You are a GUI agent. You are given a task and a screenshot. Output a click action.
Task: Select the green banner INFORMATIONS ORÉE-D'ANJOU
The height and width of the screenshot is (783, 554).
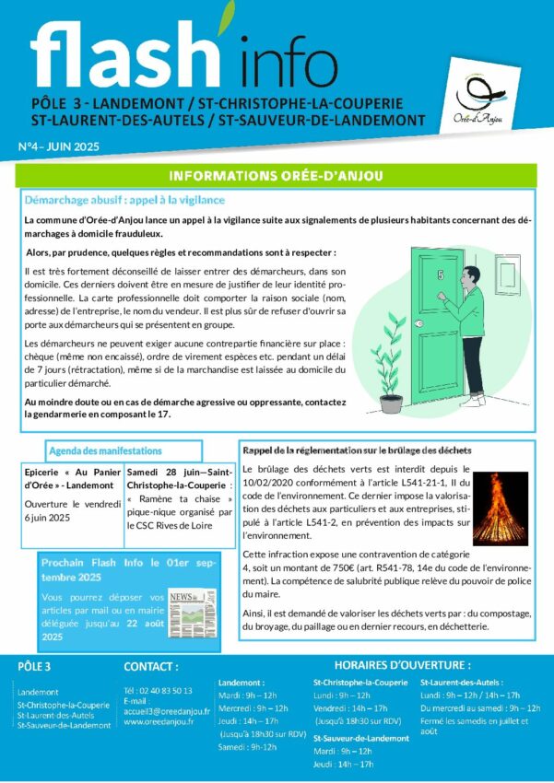[277, 176]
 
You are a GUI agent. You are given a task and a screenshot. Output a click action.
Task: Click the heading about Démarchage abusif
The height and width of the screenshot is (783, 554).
[125, 200]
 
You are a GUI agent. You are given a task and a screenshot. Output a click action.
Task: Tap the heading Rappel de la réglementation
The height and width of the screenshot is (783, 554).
[357, 450]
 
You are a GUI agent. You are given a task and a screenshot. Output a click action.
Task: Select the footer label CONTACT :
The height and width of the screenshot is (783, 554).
[151, 666]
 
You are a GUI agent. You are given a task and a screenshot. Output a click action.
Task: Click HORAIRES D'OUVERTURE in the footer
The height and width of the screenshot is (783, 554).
[402, 665]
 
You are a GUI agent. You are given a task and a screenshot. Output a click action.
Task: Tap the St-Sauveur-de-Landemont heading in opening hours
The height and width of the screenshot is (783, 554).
[360, 738]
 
